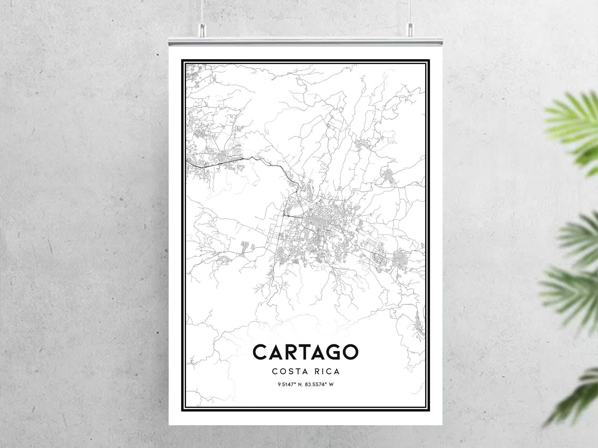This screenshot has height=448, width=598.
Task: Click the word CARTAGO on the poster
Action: (x=305, y=352)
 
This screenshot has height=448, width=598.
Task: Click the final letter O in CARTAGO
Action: (x=350, y=352)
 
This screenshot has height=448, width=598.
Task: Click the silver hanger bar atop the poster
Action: (x=305, y=40)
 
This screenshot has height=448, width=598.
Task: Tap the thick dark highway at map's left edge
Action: (x=196, y=163)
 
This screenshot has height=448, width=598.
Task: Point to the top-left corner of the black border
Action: (x=183, y=60)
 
